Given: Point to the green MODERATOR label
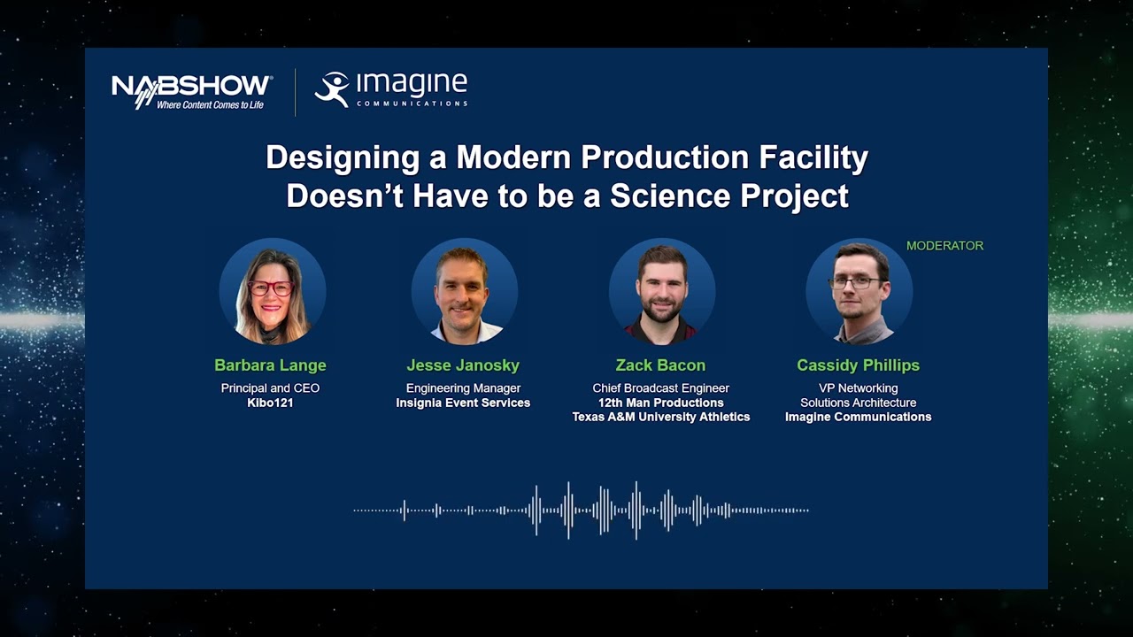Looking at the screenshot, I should tap(944, 246).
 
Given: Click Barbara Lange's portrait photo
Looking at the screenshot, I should tap(272, 291).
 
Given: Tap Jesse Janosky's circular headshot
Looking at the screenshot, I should tap(464, 291).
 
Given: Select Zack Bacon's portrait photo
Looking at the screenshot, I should tap(661, 291).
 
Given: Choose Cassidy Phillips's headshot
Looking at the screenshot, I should tap(859, 291).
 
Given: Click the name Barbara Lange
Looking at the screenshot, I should tap(270, 365).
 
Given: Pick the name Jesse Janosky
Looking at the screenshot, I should tap(463, 365).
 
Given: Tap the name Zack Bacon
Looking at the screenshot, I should tap(660, 365).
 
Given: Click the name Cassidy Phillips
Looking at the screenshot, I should tap(858, 365).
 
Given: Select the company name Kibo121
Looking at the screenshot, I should tap(270, 403).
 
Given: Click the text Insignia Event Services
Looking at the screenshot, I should tap(463, 403).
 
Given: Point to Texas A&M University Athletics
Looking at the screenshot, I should tap(660, 417).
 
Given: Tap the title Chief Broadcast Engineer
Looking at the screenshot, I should tap(660, 388).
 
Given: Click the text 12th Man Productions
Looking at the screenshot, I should tap(660, 403).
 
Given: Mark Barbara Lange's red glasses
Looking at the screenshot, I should tap(270, 288).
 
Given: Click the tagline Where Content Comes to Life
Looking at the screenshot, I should tap(210, 104).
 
